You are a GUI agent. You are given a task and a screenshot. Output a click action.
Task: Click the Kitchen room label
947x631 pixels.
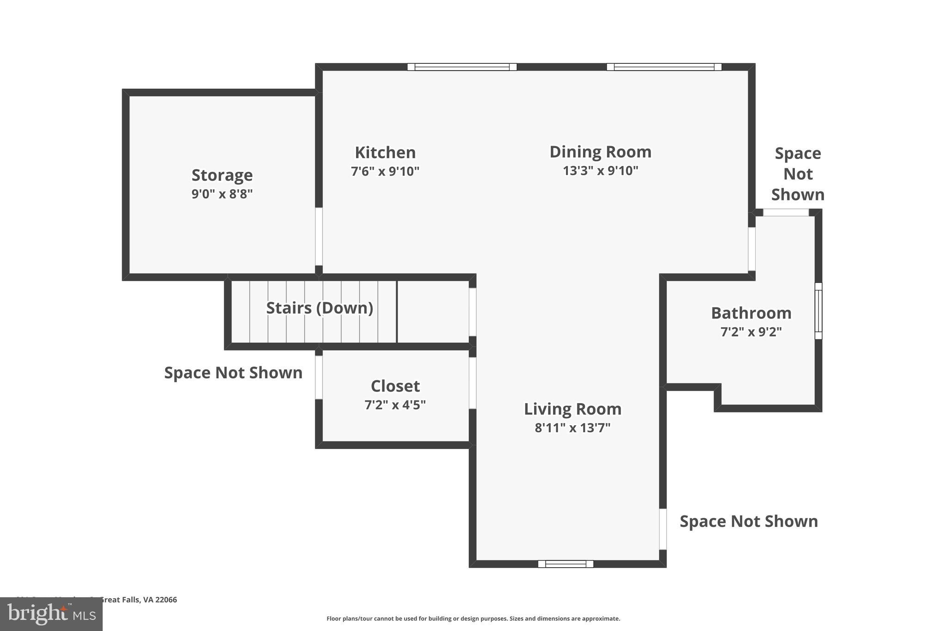coord(385,153)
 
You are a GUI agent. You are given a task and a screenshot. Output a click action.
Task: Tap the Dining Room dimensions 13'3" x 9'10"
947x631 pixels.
coord(600,171)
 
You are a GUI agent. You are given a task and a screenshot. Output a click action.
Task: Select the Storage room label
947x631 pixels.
coord(222,175)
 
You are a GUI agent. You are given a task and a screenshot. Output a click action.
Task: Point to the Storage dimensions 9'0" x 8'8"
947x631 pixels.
coord(222,194)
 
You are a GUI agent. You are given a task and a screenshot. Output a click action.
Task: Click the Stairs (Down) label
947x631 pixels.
coord(320,308)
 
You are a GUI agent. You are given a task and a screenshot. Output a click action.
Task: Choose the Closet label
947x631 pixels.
coord(395,386)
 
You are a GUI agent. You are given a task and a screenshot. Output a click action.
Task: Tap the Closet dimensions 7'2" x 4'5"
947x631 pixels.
coord(395,405)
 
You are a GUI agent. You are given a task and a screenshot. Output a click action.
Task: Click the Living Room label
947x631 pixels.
coord(572,409)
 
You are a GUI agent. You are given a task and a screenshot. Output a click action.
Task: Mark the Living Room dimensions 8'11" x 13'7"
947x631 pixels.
coord(572,428)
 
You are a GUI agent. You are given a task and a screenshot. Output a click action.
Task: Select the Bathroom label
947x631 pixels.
coord(751,313)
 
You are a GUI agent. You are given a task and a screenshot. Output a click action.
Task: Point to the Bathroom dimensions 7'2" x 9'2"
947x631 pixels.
coord(751,332)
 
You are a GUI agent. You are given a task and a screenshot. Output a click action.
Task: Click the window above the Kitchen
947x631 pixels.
coord(461,67)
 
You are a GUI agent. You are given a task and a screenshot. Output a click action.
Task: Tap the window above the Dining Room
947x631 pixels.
coord(664,67)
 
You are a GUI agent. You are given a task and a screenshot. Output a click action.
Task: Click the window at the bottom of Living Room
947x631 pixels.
coord(566,564)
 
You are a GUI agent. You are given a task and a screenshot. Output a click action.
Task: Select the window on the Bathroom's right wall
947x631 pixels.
coord(818,311)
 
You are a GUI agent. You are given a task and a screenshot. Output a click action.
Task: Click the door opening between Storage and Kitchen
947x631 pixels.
coord(319,236)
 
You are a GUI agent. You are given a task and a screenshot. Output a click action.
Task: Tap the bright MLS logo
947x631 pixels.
coord(51,614)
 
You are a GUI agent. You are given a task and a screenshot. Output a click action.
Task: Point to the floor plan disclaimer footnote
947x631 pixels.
coord(473,619)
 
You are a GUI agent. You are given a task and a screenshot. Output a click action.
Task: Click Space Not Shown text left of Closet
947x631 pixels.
coord(233,373)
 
